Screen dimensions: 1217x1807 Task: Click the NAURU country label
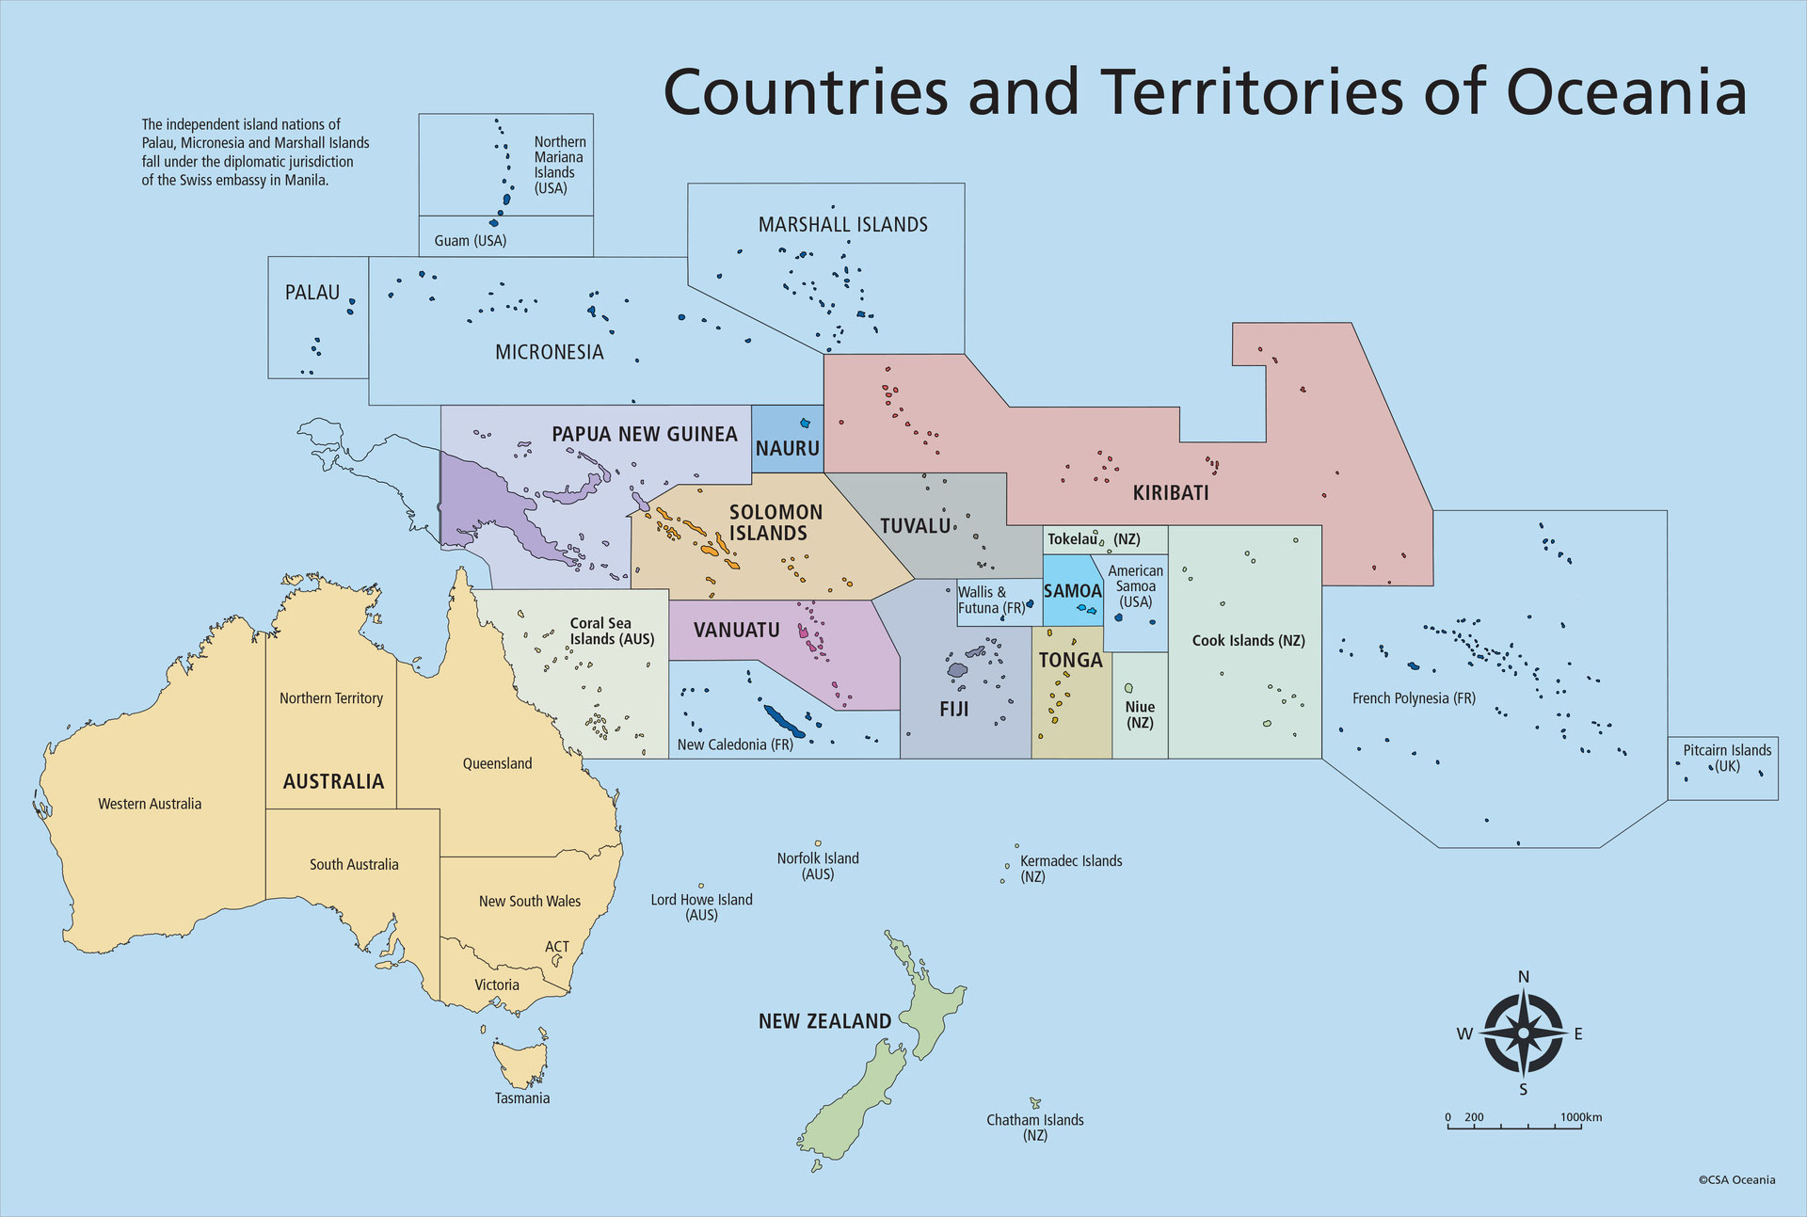(787, 449)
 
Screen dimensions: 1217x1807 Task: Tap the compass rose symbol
(1523, 1034)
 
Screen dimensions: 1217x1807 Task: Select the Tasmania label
(522, 1098)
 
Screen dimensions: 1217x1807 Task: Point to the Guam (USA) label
(471, 241)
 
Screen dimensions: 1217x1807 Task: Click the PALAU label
(312, 293)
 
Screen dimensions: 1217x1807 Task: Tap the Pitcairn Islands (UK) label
(1727, 758)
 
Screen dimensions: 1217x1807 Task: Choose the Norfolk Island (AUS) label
(818, 866)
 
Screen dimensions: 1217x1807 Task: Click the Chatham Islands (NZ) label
(1035, 1127)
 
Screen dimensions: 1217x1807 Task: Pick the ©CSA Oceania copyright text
(1736, 1179)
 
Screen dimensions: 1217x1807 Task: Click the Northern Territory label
(331, 698)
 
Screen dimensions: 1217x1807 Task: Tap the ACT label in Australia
(557, 947)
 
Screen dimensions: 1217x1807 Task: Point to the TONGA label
(1070, 661)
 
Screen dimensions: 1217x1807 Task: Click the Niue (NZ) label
(1140, 714)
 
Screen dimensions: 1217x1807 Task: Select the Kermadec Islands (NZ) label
(1071, 868)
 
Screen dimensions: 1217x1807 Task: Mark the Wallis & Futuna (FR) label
(991, 600)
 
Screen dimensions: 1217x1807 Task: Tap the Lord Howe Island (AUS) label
(702, 907)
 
